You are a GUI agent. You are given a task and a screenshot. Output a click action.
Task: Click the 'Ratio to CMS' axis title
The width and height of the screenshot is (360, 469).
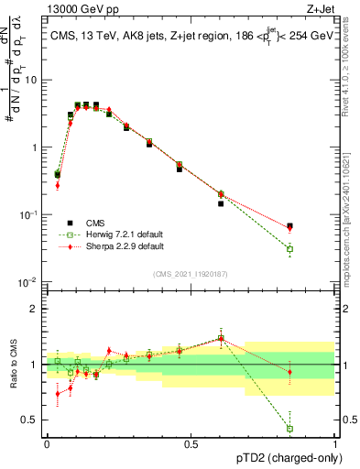[x=13, y=365]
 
